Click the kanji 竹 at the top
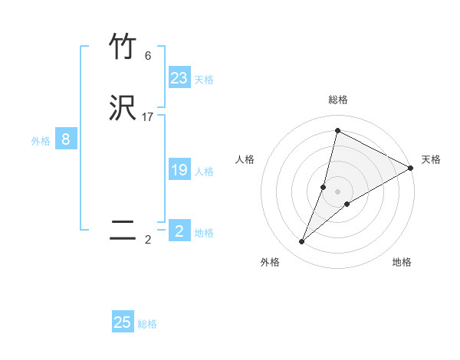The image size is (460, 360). (x=123, y=47)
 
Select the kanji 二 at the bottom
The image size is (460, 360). (x=123, y=230)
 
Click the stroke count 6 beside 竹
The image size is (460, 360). (x=148, y=56)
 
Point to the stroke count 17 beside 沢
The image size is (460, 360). (x=148, y=117)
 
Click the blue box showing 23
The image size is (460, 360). (x=179, y=78)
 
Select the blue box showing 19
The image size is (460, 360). (x=179, y=170)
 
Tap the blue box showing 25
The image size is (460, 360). (x=123, y=322)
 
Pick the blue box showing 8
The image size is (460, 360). (x=66, y=139)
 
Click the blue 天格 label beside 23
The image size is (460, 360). (x=204, y=80)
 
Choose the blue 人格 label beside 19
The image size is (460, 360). (x=204, y=172)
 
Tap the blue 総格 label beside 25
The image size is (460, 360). (x=147, y=324)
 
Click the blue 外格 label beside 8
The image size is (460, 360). (x=41, y=141)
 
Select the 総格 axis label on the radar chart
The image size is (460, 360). (x=338, y=100)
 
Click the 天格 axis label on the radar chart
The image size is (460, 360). (x=431, y=159)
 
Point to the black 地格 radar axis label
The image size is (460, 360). (x=402, y=262)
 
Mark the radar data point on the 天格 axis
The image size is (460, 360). (x=411, y=168)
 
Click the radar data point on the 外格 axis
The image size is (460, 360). (x=302, y=242)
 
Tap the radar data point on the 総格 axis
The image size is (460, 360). (x=337, y=130)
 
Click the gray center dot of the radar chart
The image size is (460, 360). (x=338, y=191)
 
